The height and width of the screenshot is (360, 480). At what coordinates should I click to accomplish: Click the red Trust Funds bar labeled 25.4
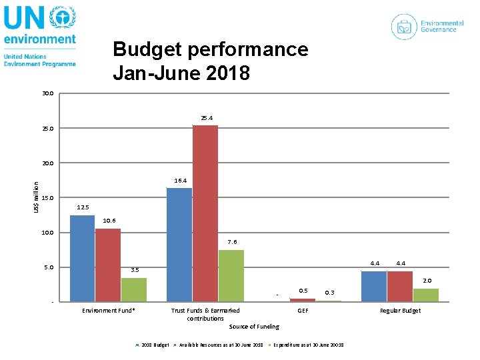(205, 213)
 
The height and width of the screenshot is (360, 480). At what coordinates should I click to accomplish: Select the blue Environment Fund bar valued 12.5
(82, 258)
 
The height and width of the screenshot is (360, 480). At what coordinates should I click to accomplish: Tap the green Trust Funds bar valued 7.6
(231, 275)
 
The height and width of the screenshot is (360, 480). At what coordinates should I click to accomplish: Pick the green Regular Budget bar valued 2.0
(426, 295)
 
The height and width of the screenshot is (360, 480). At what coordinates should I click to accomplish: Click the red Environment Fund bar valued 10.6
(108, 265)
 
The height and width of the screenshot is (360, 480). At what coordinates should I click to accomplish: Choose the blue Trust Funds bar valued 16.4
(179, 245)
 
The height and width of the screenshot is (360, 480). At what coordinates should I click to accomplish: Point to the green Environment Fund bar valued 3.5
(134, 289)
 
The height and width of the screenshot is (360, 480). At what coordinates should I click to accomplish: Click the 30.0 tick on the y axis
(47, 93)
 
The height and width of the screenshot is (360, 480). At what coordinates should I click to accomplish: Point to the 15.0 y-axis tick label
(47, 198)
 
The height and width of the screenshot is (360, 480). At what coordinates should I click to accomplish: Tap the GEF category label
(303, 311)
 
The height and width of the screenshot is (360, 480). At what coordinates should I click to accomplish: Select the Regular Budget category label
(400, 311)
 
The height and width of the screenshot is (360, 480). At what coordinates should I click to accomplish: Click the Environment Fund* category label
(108, 311)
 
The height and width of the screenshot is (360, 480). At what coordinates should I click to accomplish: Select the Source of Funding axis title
(254, 327)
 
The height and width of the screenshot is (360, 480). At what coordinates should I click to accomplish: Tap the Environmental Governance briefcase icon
(404, 27)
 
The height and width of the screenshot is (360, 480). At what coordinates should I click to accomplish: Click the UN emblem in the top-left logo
(63, 18)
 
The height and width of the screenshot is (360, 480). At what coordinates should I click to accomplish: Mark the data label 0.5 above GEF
(303, 290)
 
